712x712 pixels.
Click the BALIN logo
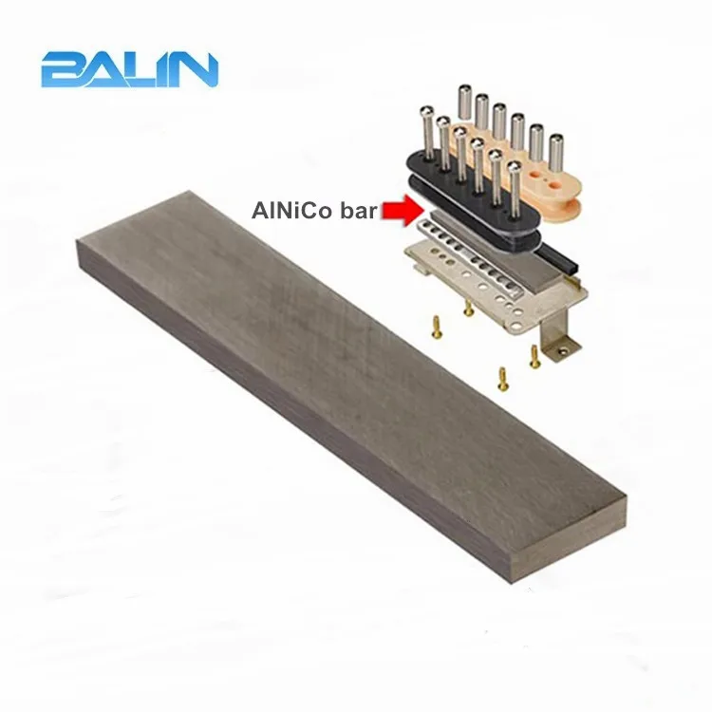click(129, 69)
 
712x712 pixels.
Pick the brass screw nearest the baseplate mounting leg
click(534, 359)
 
